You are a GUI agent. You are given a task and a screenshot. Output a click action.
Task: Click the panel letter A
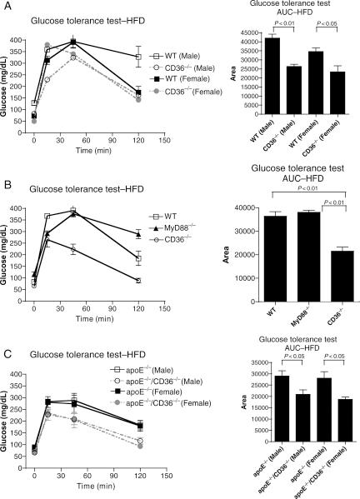[x=6, y=6]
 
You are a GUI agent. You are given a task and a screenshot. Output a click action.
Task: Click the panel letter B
[x=6, y=170]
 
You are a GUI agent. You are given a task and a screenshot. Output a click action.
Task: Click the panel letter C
[x=6, y=332]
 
